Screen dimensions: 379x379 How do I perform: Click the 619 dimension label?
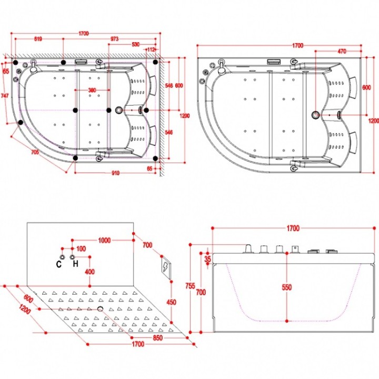[38, 38]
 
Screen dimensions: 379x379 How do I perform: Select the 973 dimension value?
[114, 38]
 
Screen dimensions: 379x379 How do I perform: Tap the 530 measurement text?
[136, 44]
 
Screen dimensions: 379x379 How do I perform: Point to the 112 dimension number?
[151, 49]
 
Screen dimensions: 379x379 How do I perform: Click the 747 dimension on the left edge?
[5, 96]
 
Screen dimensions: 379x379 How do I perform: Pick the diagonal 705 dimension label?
[35, 152]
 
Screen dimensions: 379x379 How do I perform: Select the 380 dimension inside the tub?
[92, 90]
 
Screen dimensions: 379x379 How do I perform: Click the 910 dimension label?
[115, 173]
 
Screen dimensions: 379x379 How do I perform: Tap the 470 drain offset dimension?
[342, 51]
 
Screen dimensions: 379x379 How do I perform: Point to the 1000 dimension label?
[104, 240]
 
